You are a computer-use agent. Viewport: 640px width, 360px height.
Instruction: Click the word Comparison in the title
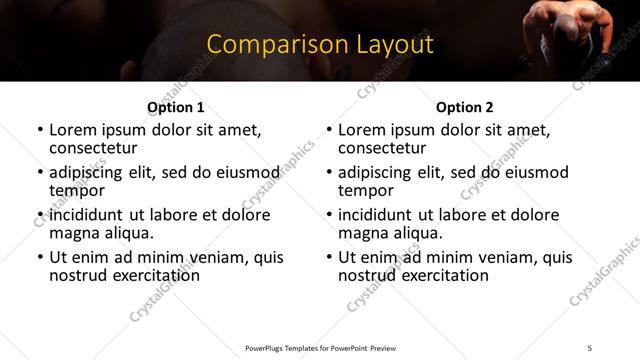268,44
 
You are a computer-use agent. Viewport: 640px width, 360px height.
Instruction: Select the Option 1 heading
175,107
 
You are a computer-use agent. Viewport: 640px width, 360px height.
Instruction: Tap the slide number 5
590,347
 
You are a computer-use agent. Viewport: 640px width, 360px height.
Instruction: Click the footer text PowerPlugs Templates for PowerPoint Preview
320,347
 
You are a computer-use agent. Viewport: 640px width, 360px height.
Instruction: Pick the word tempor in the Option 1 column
76,190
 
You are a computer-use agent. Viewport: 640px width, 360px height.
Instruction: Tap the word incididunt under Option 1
87,215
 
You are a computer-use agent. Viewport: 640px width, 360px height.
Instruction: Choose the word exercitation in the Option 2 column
436,274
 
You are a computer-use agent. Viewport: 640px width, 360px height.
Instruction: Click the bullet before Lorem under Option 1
39,131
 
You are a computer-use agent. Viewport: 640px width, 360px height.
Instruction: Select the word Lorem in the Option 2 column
360,130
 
